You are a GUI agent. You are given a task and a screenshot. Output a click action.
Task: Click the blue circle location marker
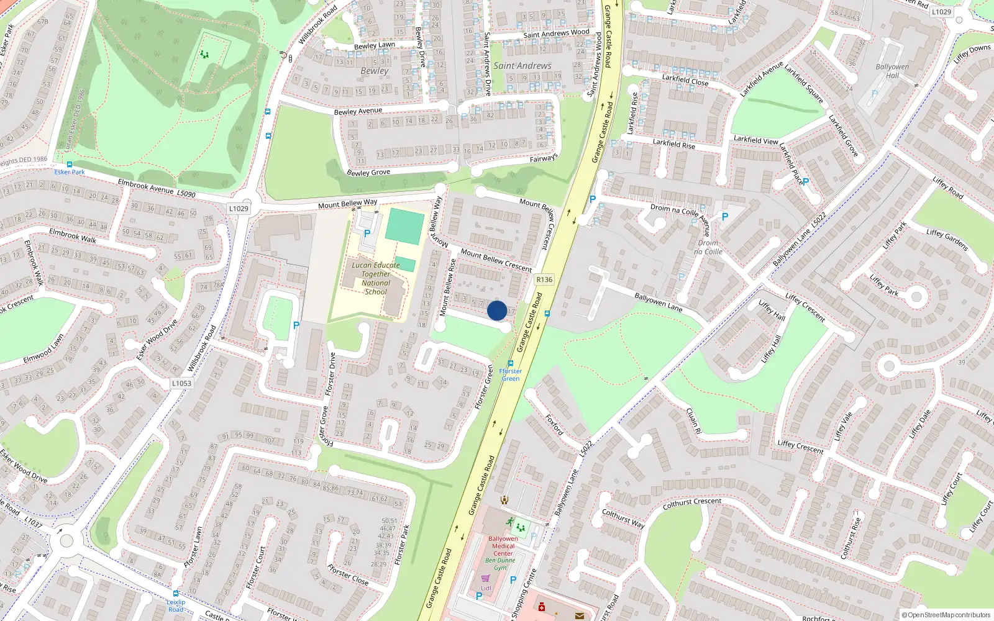tap(497, 310)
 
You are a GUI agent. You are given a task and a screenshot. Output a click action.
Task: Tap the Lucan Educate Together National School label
tap(376, 278)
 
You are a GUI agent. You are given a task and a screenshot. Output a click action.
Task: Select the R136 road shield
tap(544, 279)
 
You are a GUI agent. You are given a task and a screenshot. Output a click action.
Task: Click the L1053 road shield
tap(181, 383)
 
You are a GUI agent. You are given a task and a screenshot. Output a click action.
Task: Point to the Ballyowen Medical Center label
tap(503, 546)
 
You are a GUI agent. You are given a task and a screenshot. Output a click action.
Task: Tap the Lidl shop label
tap(486, 587)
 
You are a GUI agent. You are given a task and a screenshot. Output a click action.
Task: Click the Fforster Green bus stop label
tap(511, 374)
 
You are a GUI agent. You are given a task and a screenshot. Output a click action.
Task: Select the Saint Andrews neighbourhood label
tap(522, 66)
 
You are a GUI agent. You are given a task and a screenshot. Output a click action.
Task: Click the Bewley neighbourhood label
tap(375, 71)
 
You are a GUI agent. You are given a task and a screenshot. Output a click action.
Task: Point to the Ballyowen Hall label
tap(892, 71)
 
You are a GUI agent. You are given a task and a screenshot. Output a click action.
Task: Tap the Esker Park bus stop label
tap(70, 172)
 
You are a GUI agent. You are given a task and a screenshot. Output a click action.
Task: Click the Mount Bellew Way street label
tap(347, 203)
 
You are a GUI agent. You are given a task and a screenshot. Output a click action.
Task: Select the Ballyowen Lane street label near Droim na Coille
tap(658, 302)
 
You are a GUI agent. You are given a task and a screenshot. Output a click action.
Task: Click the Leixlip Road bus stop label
tap(176, 605)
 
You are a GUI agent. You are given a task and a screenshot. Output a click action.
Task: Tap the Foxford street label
tap(554, 425)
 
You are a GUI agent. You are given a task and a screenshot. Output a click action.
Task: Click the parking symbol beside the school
tap(367, 233)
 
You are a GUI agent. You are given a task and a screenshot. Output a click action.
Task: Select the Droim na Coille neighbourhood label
tap(708, 247)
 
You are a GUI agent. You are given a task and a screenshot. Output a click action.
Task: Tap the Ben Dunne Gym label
tap(500, 564)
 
